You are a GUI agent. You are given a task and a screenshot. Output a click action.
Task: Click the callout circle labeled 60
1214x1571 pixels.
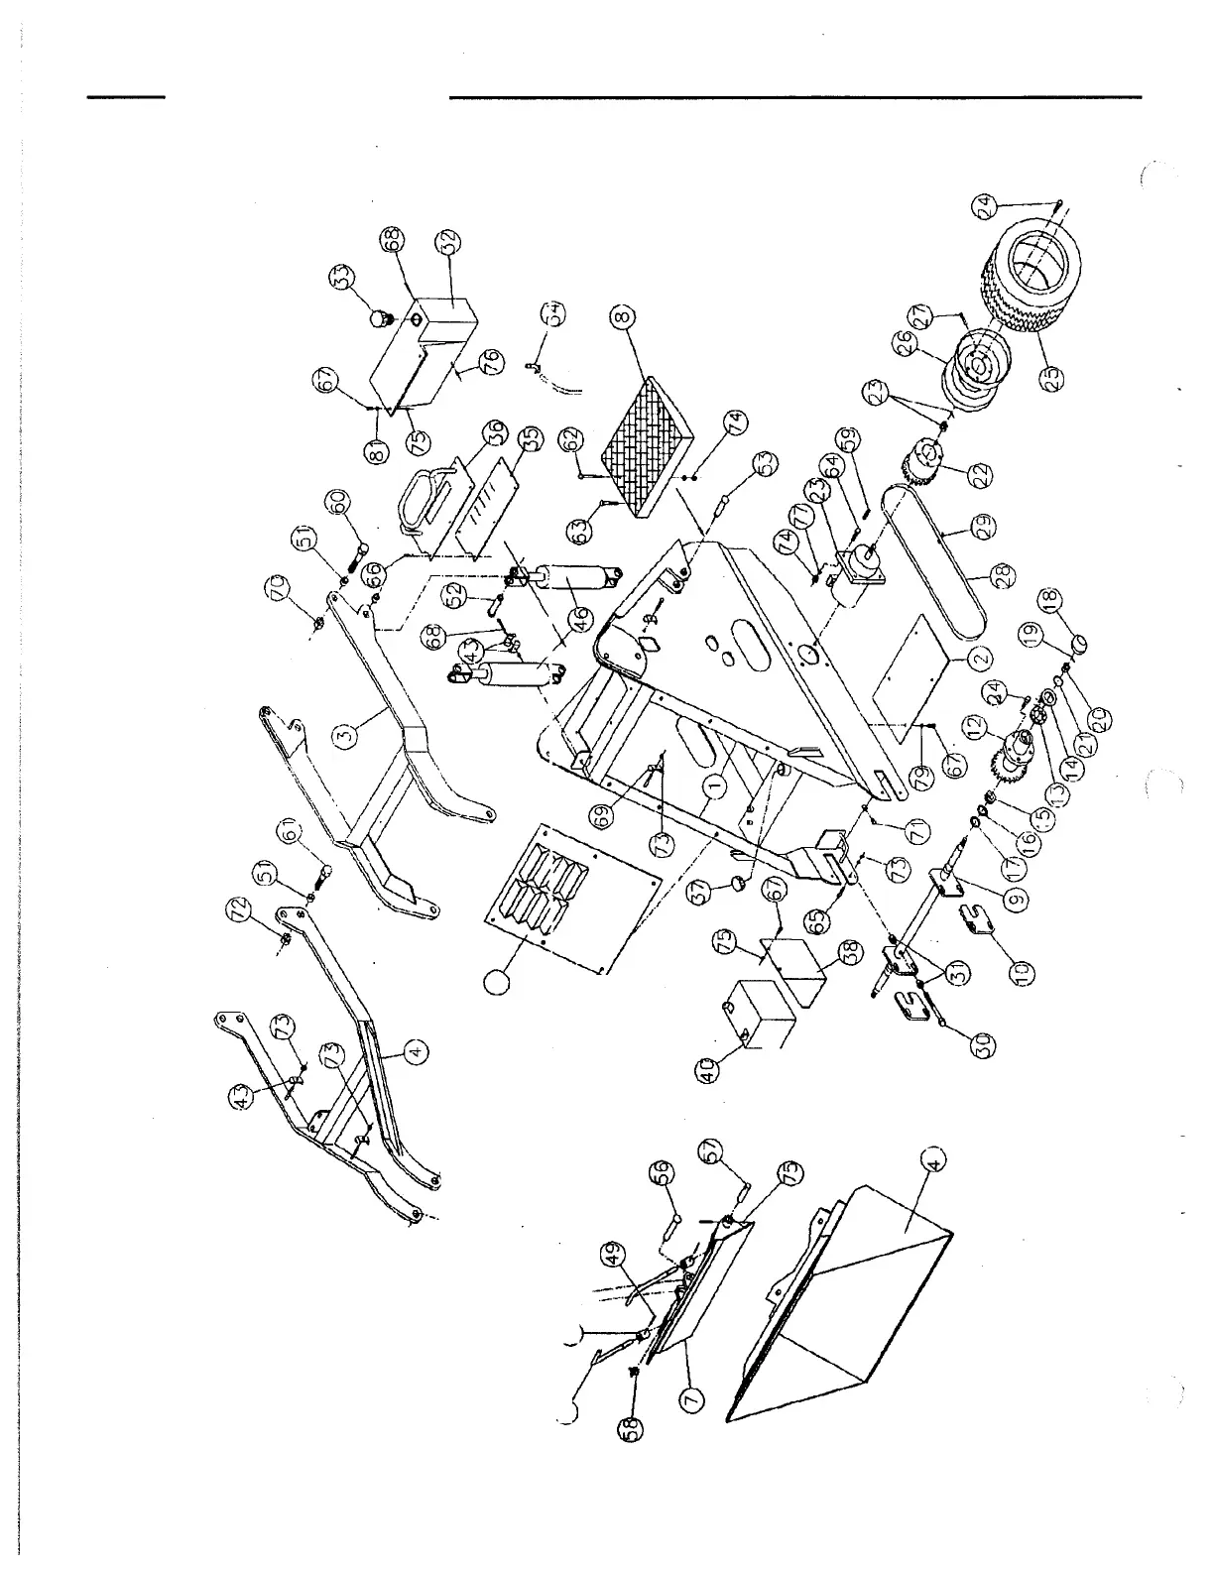pos(341,503)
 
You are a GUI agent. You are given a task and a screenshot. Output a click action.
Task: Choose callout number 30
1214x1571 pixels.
pos(985,1043)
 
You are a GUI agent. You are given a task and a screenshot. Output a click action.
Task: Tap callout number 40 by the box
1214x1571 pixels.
pos(707,1070)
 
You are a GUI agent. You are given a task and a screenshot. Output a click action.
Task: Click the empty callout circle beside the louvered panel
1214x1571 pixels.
pos(496,981)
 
